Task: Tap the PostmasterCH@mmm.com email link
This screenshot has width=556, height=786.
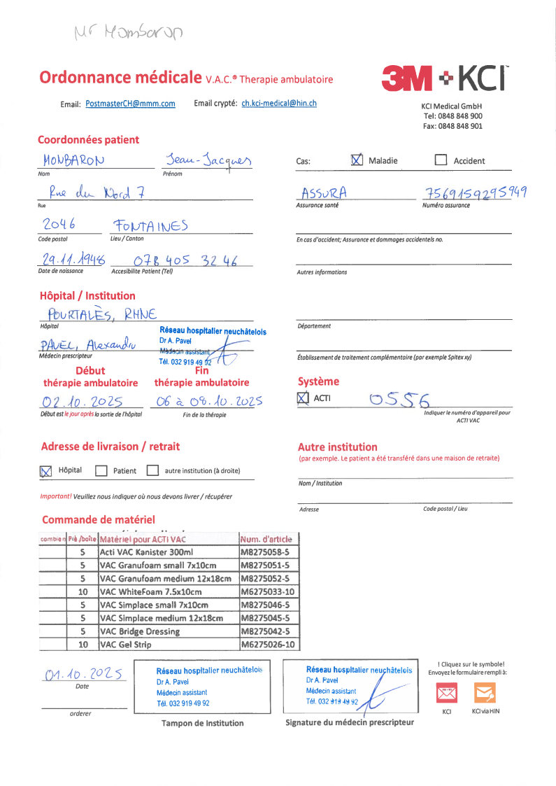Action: (x=130, y=104)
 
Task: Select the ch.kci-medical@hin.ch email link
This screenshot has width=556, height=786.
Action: (x=279, y=103)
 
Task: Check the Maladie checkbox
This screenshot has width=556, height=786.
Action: (x=357, y=160)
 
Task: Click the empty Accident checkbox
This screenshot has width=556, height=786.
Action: (x=441, y=160)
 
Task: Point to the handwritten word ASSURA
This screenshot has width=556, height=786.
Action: (x=324, y=192)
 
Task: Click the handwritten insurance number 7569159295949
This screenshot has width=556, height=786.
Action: (x=475, y=193)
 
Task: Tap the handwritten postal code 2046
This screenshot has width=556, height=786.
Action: (x=59, y=224)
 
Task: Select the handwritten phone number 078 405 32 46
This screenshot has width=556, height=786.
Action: (x=185, y=261)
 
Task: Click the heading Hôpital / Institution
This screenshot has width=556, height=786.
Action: (x=87, y=296)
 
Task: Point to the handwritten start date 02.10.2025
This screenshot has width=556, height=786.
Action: (x=82, y=402)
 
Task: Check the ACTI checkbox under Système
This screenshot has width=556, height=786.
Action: (x=303, y=398)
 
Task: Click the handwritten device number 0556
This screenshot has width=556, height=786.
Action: (x=398, y=400)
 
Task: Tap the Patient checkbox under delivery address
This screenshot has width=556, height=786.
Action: (x=101, y=470)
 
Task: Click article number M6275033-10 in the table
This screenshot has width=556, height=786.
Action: (x=268, y=591)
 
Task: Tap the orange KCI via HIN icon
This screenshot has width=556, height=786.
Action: (x=485, y=693)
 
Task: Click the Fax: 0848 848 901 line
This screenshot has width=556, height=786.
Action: (x=452, y=126)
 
